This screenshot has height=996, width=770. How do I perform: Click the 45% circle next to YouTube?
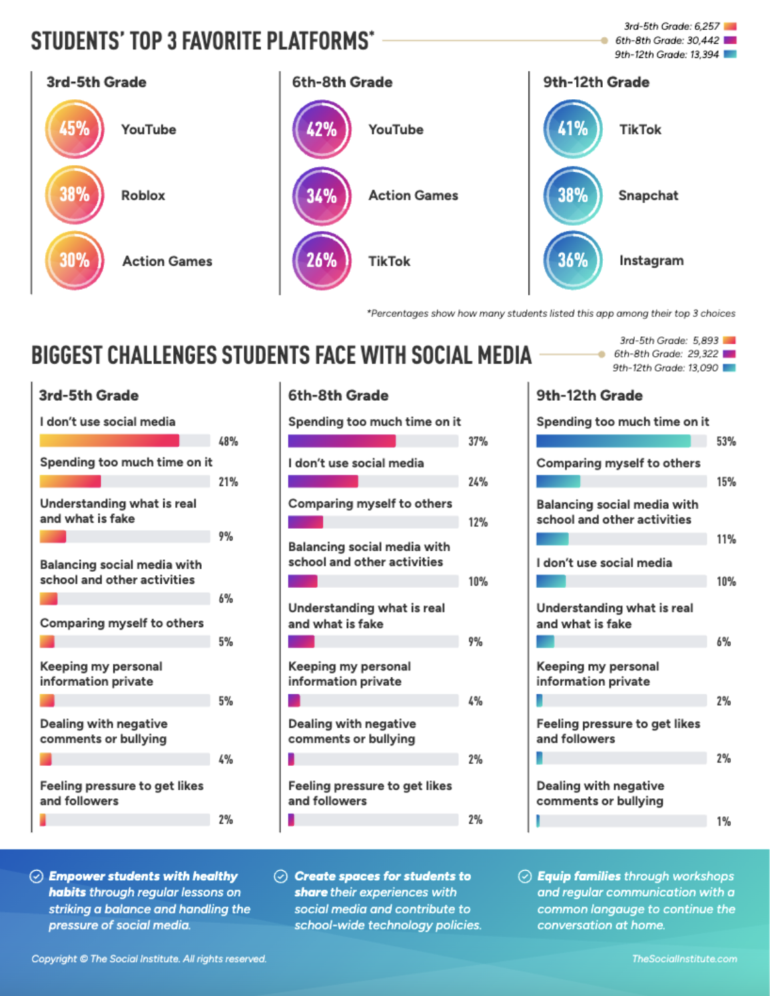click(x=74, y=129)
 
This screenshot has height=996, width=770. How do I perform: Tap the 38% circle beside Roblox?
click(x=74, y=195)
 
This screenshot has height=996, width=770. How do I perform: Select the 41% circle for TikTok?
click(x=572, y=129)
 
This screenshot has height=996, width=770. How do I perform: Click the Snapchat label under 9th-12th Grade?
click(x=647, y=196)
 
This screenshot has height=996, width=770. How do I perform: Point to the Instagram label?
click(x=651, y=261)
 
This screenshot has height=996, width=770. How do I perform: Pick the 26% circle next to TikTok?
click(x=321, y=261)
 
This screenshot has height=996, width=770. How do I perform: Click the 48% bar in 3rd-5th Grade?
click(x=110, y=441)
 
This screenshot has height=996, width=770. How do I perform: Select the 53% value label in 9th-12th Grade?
click(x=725, y=441)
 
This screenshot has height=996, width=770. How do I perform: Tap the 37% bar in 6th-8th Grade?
click(x=342, y=441)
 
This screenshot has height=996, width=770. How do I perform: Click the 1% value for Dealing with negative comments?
click(x=723, y=822)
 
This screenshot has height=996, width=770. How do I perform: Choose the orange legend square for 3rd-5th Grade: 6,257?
click(x=730, y=27)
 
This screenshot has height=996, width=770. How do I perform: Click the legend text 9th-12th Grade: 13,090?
click(x=665, y=368)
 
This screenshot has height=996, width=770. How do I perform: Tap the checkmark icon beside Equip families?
click(x=525, y=876)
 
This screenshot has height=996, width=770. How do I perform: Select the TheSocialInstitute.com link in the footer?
click(x=684, y=959)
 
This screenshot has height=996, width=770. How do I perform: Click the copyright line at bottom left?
click(x=149, y=959)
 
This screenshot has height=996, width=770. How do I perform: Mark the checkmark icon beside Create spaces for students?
click(x=281, y=876)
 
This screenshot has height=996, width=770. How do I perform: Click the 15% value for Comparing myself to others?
click(x=725, y=482)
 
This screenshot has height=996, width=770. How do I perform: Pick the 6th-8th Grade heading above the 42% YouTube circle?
click(x=342, y=83)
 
